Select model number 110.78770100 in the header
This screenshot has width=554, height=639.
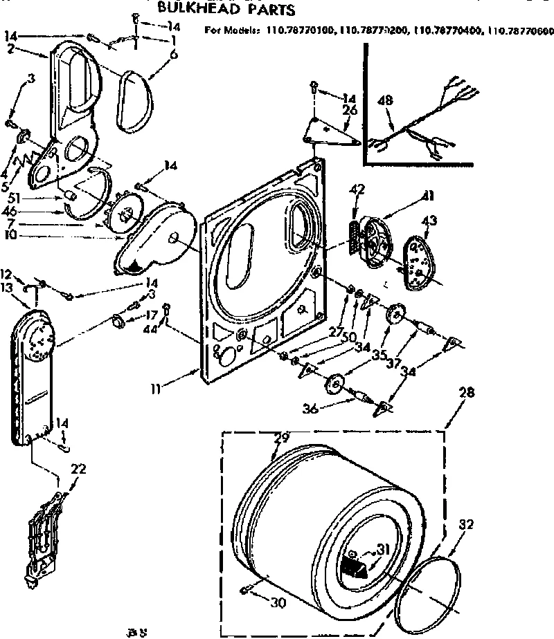[299, 30]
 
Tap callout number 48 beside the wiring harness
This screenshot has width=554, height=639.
[386, 100]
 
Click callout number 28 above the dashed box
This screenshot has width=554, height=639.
[466, 393]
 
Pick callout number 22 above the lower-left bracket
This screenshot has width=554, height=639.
[78, 469]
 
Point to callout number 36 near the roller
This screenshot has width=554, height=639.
[310, 409]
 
